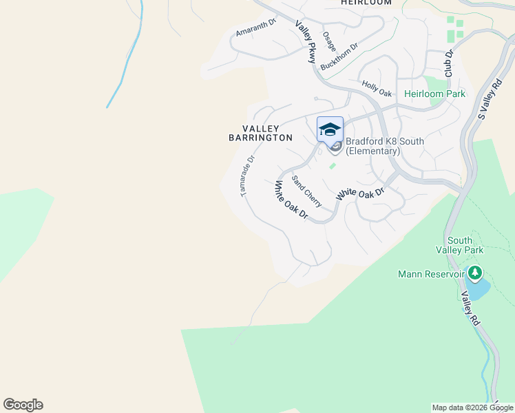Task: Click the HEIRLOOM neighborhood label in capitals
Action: pos(366,3)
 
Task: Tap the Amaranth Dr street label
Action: pos(255,28)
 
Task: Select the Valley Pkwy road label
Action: pos(306,42)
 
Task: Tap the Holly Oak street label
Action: pos(377,89)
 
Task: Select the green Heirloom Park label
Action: pos(434,94)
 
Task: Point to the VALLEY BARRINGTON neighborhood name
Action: pos(261,133)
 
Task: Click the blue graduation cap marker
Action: pos(330,129)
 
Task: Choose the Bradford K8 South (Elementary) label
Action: pos(384,146)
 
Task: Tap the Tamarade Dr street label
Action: pos(248,176)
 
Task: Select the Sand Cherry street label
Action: pos(306,191)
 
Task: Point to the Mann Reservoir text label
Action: pos(432,275)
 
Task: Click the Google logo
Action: pos(23,405)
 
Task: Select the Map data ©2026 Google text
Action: pos(472,407)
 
